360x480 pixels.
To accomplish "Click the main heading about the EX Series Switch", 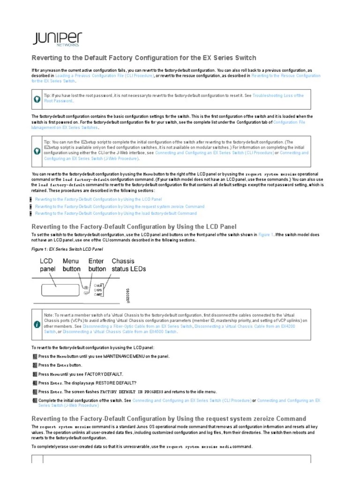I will pos(143,58).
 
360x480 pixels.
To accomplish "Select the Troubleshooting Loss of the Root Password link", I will pos(277,96).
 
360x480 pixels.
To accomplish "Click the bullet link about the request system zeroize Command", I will pos(120,206).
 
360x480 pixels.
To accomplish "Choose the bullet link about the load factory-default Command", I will pos(116,213).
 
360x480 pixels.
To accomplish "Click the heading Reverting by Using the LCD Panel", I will pos(134,227).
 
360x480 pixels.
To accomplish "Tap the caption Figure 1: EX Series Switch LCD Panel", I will pos(67,248).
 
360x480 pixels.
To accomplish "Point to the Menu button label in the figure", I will pos(71,265).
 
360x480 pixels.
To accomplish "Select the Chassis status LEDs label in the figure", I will pos(128,265).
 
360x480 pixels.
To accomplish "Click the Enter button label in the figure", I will pos(97,265).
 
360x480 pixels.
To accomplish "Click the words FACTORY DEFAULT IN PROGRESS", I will pos(132,391).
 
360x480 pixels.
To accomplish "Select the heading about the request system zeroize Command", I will pos(168,418).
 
